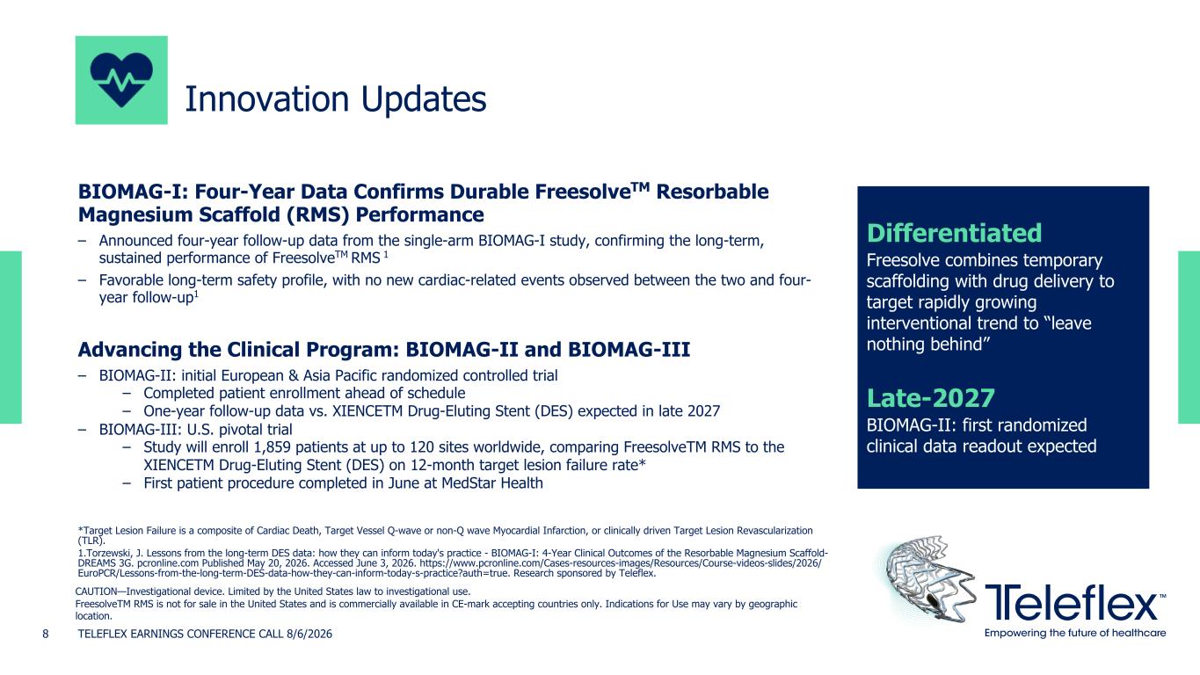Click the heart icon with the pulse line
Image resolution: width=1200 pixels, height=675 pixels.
(121, 80)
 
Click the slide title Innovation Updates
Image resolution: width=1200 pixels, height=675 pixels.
(335, 99)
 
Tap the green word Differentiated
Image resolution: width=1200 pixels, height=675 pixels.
(954, 233)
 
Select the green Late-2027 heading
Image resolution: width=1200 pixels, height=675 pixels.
(930, 398)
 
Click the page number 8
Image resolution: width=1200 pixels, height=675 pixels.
(46, 634)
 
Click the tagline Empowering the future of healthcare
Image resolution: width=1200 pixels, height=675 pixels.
(1075, 633)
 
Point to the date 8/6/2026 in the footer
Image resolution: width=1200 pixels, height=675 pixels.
(309, 634)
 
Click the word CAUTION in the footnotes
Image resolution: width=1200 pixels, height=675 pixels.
(96, 592)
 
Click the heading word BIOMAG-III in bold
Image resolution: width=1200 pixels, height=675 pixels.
(629, 349)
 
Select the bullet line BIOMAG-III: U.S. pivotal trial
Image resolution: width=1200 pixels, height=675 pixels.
(195, 429)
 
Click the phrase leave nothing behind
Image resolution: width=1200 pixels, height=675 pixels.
(978, 333)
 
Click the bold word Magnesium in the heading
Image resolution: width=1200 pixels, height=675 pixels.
(135, 214)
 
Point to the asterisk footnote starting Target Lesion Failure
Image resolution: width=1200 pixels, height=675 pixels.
(445, 535)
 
